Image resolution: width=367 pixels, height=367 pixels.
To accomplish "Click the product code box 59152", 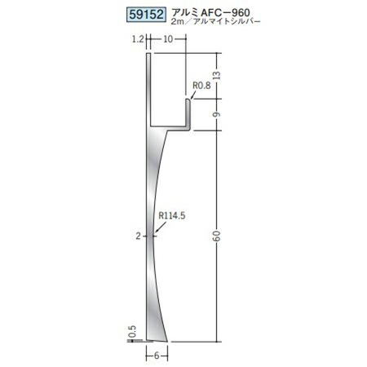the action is tap(146, 15).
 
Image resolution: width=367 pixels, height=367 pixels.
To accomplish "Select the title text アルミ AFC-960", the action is tap(210, 12).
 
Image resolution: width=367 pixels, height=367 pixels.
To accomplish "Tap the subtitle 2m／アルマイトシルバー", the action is tap(215, 22).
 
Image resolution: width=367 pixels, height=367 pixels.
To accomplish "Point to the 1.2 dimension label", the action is tap(138, 39).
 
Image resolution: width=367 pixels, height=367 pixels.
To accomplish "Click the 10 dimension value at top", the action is tap(168, 39).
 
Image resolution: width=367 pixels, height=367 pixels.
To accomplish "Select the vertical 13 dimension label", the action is tap(217, 75).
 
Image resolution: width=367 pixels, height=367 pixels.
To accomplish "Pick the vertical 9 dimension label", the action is tap(217, 114).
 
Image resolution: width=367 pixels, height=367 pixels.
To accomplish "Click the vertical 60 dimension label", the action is tap(217, 236).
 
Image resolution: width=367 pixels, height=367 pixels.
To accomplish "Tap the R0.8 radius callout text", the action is tap(201, 86).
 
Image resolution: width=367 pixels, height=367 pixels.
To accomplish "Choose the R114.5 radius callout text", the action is tap(172, 216).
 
